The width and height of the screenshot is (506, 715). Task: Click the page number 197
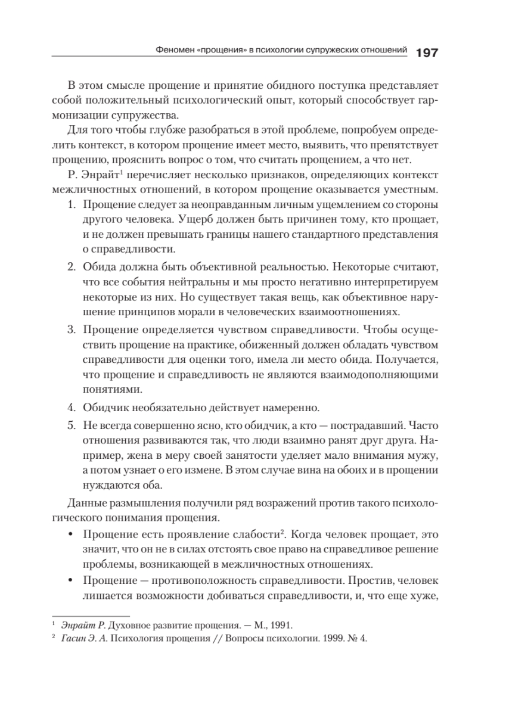[427, 52]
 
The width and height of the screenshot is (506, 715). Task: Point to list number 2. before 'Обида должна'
[71, 265]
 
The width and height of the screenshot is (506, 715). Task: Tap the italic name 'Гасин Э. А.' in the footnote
[82, 639]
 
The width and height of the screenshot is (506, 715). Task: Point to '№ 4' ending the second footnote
[359, 639]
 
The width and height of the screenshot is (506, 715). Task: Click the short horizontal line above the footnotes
[91, 615]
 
